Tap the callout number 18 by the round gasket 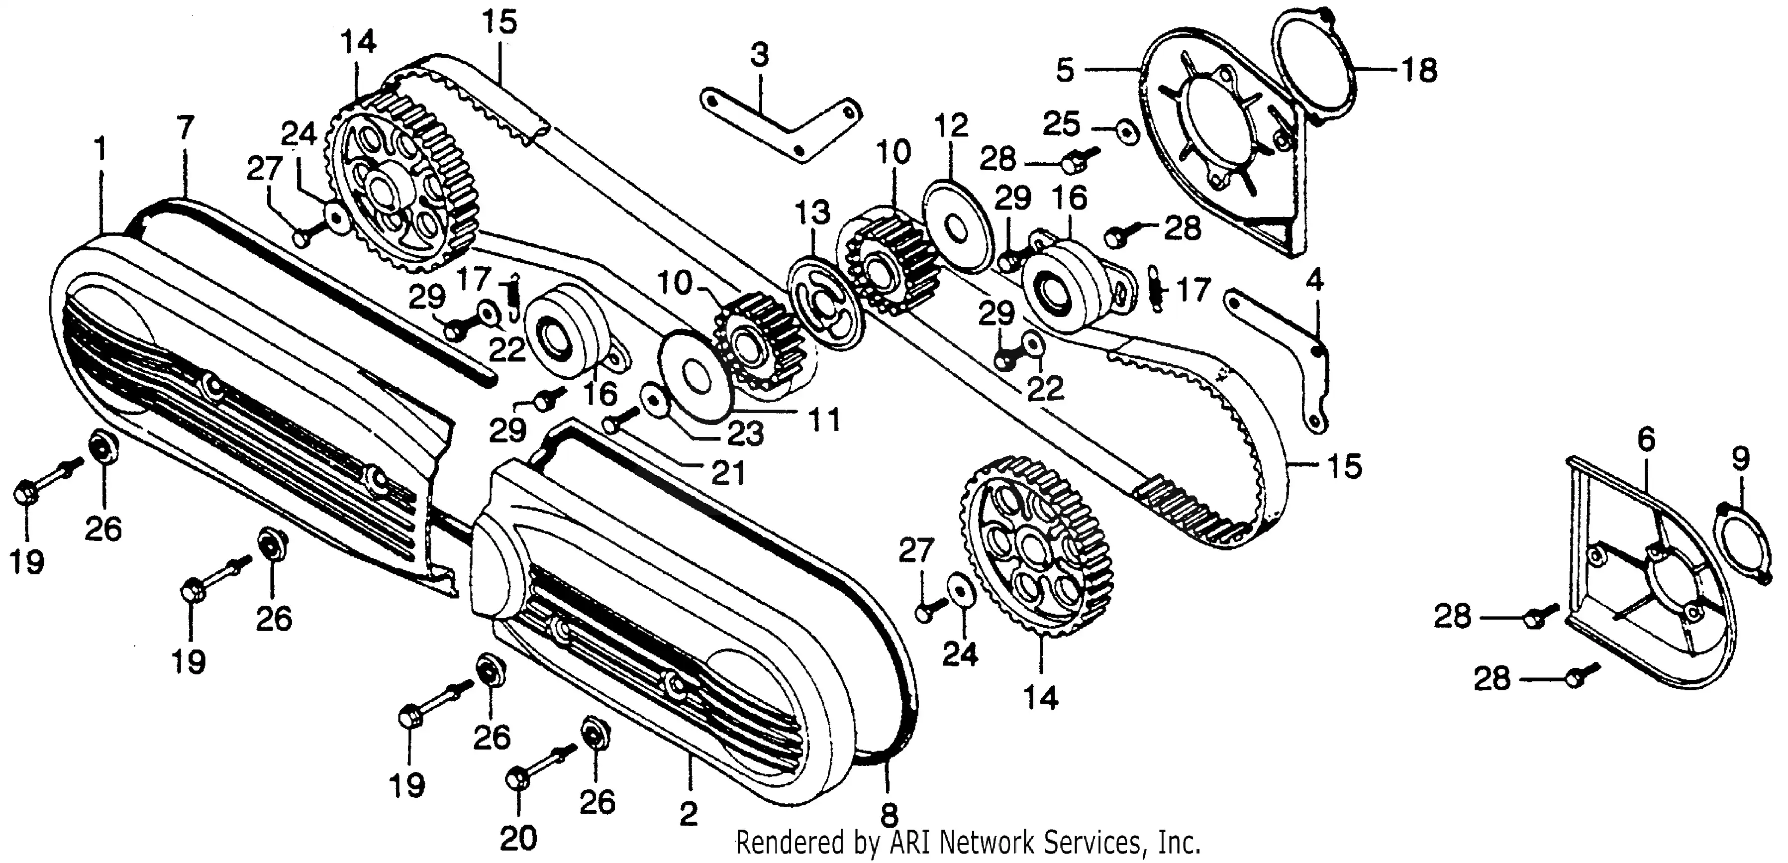pos(1419,70)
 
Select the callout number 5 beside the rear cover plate pos(1066,70)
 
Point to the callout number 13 pos(811,213)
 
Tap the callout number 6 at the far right pos(1646,439)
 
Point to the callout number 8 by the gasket pos(889,814)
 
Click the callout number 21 pos(728,473)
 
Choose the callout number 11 pos(824,420)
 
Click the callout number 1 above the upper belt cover pos(101,149)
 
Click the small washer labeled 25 pos(1127,131)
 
